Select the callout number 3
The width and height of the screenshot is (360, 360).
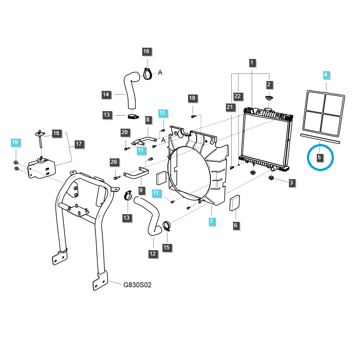[292, 182]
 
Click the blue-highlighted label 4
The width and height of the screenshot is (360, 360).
[326, 74]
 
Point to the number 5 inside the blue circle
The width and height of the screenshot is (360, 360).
[319, 157]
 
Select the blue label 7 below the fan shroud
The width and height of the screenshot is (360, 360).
[211, 221]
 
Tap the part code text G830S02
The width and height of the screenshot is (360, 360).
[137, 284]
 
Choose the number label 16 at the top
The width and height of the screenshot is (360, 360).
[146, 51]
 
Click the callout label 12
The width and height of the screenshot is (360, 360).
[153, 254]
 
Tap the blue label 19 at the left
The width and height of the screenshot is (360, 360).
[15, 142]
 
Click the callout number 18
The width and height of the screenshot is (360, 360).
[56, 133]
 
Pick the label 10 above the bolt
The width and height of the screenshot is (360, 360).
[192, 98]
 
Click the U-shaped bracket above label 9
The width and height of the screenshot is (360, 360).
[136, 173]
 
